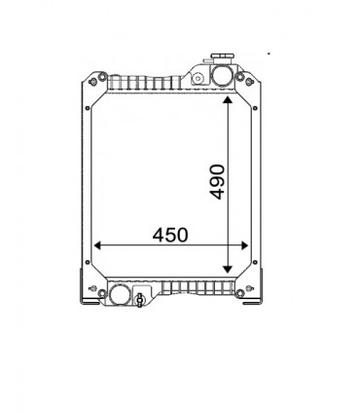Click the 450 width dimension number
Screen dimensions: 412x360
point(170,235)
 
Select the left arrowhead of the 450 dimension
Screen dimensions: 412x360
point(98,245)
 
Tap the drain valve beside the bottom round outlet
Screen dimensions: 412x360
point(142,297)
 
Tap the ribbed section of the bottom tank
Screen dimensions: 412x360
point(195,289)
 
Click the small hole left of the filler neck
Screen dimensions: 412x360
point(196,76)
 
